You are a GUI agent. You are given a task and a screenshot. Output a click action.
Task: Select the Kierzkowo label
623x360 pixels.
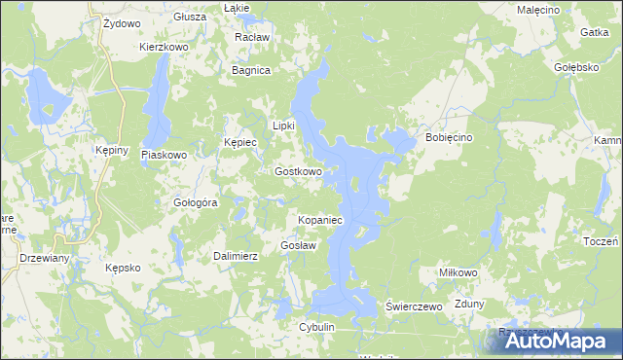pos(164,46)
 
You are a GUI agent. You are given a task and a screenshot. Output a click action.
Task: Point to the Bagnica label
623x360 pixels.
pos(250,70)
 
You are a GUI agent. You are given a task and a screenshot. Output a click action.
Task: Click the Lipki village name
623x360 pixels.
pos(283,126)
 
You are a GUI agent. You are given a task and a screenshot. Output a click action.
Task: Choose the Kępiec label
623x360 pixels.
pos(239,142)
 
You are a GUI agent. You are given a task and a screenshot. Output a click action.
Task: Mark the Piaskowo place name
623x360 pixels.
pos(164,155)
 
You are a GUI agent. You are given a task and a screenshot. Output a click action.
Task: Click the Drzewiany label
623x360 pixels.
pos(44,258)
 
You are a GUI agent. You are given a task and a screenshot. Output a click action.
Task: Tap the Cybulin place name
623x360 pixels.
pos(317,327)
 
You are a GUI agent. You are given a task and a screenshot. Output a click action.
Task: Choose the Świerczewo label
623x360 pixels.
pos(415,306)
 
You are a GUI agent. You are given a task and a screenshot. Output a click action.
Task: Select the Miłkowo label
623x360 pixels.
pos(458,273)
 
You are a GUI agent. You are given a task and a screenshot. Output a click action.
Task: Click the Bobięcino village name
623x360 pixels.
pos(449,138)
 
